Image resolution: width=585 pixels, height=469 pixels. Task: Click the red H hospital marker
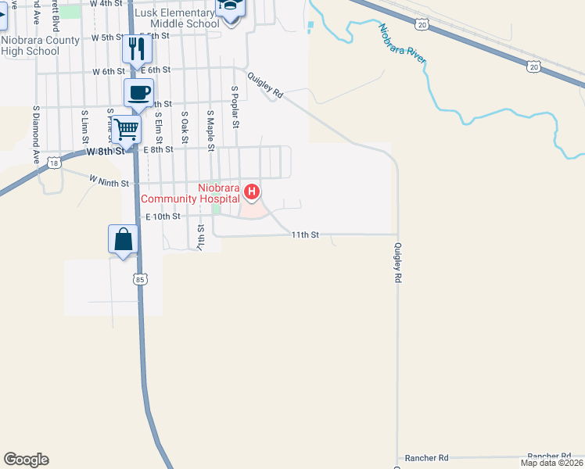252,191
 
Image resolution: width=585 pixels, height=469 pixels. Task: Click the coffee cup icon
138,92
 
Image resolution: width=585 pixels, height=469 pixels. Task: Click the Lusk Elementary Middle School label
178,19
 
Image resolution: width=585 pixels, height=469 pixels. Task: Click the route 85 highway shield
140,279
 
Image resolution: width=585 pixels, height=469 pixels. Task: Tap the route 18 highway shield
53,163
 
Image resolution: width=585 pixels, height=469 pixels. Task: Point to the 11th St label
306,234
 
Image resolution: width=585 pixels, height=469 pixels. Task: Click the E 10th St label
163,216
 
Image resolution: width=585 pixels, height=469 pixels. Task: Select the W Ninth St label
109,181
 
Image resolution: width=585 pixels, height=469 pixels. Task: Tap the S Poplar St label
235,107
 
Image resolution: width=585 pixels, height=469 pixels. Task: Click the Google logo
26,460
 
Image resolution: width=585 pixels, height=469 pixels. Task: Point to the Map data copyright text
552,463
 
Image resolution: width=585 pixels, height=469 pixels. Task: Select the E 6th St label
155,71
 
